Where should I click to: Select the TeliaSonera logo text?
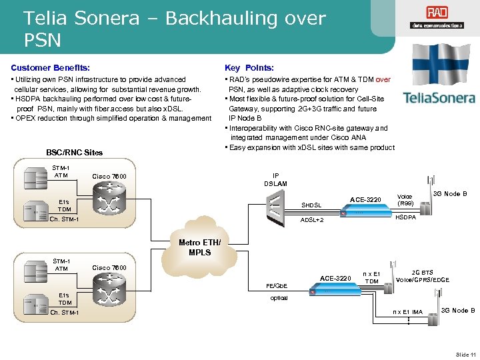439,98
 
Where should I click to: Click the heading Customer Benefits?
50,67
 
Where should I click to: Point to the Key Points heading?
249,67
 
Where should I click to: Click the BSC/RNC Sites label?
74,152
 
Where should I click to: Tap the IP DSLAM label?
275,179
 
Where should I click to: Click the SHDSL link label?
311,205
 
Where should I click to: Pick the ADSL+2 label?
312,219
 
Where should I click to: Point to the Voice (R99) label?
405,200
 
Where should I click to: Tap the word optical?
279,298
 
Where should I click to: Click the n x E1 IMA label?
407,311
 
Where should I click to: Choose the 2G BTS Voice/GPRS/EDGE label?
421,276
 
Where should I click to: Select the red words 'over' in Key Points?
383,79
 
